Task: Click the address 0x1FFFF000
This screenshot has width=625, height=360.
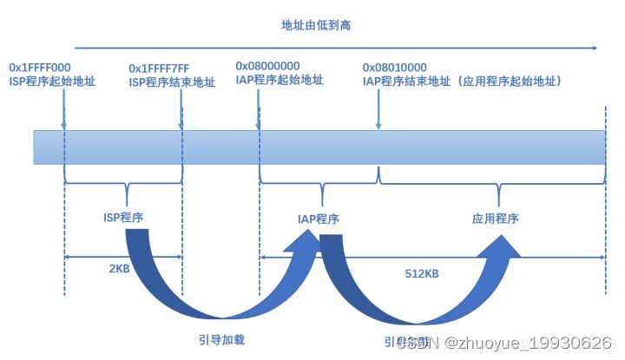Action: click(40, 67)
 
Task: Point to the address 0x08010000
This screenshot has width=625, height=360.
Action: click(395, 67)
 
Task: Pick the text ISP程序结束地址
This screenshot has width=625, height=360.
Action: click(171, 82)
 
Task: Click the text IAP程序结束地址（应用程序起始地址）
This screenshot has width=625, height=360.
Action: click(464, 81)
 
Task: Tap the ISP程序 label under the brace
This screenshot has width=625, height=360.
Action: click(123, 218)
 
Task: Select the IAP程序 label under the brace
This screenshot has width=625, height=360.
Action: click(317, 219)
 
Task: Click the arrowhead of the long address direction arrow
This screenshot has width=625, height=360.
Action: click(594, 49)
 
